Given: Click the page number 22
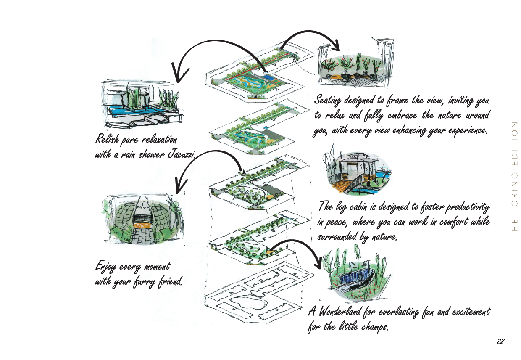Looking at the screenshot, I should (x=500, y=341).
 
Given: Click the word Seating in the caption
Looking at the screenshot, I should (x=328, y=101).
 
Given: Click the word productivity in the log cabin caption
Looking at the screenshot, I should (x=466, y=207).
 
